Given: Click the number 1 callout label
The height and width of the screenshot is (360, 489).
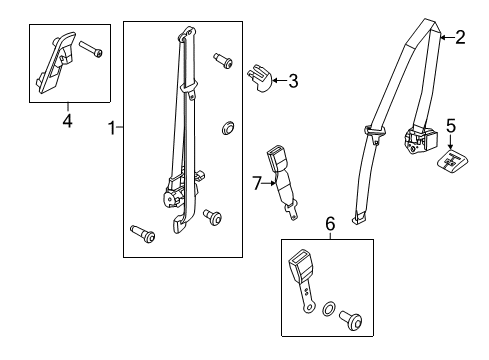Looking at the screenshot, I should (112, 127).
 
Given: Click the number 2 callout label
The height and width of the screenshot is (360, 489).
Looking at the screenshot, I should (459, 38).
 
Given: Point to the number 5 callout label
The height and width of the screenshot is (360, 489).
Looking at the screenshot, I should (450, 127).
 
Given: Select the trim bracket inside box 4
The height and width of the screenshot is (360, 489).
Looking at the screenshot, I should (55, 62).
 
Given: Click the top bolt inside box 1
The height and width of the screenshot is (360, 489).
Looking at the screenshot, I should (222, 62).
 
